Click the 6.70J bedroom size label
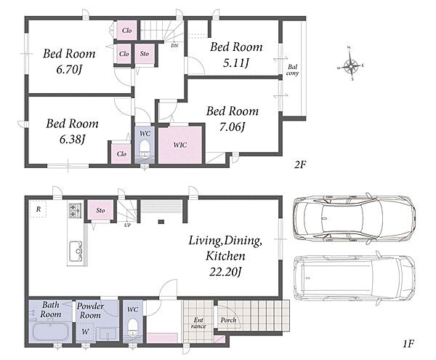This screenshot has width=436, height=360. [x=69, y=70]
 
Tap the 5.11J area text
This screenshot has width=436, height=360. [x=235, y=63]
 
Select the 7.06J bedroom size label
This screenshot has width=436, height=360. [x=233, y=127]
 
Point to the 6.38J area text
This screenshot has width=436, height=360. [x=72, y=140]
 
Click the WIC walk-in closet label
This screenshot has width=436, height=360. [x=180, y=145]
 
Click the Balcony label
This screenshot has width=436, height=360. [x=292, y=70]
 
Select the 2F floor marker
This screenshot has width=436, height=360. [x=300, y=164]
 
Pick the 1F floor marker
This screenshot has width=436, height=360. [x=408, y=344]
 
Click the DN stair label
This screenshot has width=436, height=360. [x=174, y=45]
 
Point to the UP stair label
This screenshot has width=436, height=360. [x=127, y=225]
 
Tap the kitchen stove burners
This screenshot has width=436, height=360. [x=75, y=210]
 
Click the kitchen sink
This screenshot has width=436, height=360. [x=76, y=251]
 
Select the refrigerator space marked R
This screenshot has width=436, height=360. [x=38, y=209]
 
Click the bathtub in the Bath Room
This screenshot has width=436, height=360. [x=51, y=332]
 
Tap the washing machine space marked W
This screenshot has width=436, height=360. [x=85, y=332]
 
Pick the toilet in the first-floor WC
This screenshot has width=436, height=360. [x=133, y=329]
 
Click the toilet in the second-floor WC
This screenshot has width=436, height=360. [x=145, y=149]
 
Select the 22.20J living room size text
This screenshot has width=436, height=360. [x=225, y=271]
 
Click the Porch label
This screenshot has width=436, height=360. [x=228, y=320]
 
